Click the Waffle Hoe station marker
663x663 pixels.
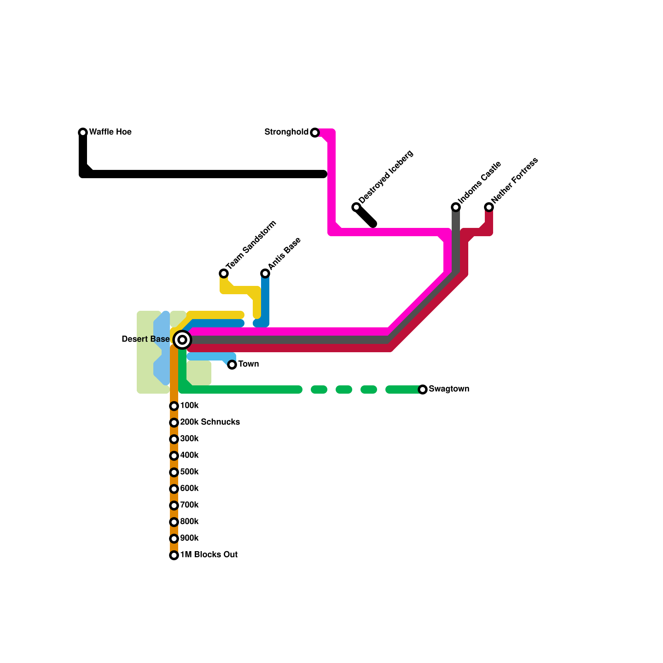click(83, 133)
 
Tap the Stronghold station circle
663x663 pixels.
click(315, 133)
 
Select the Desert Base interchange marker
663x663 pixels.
click(182, 340)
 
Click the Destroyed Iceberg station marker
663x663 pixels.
click(356, 207)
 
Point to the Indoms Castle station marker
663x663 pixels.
click(456, 207)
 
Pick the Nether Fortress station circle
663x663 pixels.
click(489, 207)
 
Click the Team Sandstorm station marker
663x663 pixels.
click(224, 273)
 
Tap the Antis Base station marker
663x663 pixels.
click(265, 273)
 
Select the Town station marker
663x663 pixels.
click(232, 365)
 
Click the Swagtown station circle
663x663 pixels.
click(423, 390)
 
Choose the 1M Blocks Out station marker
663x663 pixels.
click(174, 555)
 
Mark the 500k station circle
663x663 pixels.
click(174, 472)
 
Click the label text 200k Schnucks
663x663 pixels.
click(210, 422)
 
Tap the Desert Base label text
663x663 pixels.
click(145, 339)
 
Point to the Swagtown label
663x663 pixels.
click(449, 389)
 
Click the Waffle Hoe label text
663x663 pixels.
click(110, 132)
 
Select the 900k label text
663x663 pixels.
click(189, 538)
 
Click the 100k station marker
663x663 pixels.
click(174, 406)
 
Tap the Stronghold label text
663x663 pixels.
click(286, 132)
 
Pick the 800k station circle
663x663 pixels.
click(174, 522)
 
